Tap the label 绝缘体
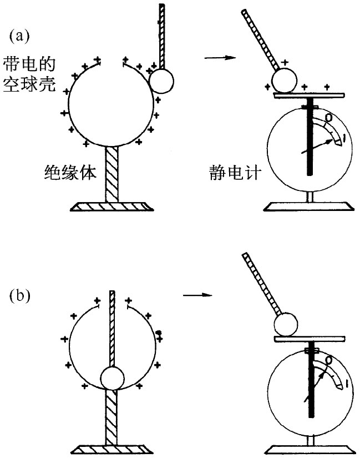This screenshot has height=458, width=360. pos(70,174)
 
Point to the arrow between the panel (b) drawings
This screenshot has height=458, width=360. pos(198,294)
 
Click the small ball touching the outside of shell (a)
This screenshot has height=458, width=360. pos(161,80)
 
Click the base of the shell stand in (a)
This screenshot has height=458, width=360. pos(112,206)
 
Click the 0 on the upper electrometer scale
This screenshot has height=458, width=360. pos(328,118)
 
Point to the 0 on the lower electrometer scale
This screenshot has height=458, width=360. pos(329,361)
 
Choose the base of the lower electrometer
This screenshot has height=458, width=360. pos(308,448)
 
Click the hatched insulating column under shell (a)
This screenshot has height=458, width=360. pos(113,172)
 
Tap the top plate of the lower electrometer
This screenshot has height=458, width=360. pos(309,338)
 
